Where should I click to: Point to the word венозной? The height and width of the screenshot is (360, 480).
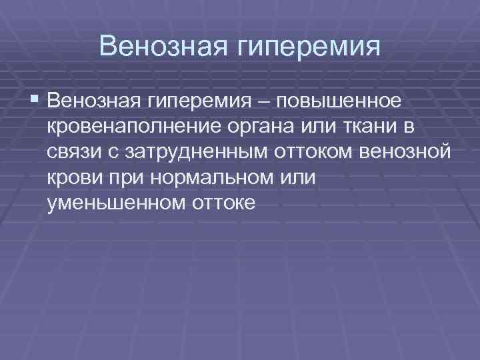[405, 152]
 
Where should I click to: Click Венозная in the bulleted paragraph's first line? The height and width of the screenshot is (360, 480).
[93, 101]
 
